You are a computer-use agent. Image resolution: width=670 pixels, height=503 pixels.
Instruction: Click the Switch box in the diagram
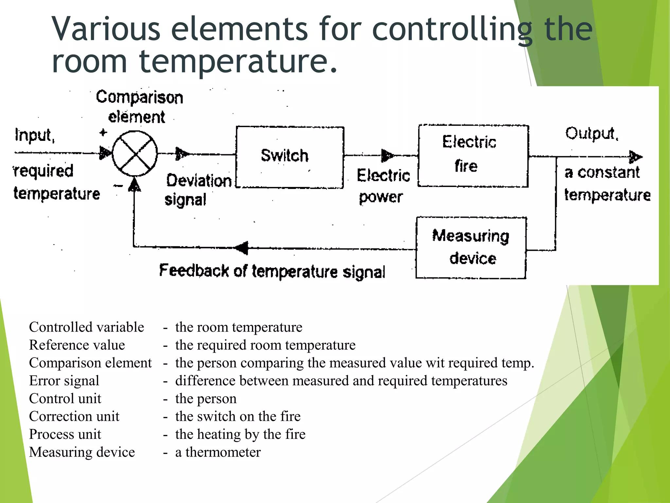[x=290, y=157]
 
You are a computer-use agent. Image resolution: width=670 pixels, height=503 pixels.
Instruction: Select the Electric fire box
[x=473, y=156]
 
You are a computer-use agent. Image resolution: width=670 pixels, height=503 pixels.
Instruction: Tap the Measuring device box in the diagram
[x=471, y=248]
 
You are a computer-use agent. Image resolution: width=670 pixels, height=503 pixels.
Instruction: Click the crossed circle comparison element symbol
[x=135, y=153]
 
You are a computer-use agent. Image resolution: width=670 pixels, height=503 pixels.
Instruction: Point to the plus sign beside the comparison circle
[x=103, y=133]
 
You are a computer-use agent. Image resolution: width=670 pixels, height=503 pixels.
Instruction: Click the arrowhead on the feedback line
[x=242, y=248]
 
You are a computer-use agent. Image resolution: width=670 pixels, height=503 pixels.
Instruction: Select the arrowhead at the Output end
[x=635, y=157]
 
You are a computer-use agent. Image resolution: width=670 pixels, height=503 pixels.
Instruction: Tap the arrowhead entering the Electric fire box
[x=387, y=156]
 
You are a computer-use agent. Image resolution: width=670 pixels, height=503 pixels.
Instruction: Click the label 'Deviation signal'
[x=198, y=190]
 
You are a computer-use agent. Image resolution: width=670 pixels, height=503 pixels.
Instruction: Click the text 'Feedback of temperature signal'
[x=272, y=271]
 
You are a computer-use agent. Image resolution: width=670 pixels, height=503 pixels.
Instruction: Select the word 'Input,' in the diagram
[x=35, y=135]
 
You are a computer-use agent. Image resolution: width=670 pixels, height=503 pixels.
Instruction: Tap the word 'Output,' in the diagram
[x=592, y=133]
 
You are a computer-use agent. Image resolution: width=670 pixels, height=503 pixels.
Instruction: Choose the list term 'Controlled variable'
[x=86, y=327]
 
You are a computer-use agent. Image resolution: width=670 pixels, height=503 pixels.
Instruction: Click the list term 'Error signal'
[x=64, y=381]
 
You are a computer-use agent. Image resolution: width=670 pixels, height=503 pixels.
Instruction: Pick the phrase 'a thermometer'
[x=218, y=452]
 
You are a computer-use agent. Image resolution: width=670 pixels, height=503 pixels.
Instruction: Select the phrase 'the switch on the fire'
[x=238, y=417]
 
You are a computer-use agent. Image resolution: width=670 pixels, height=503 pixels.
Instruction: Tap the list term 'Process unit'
[x=65, y=434]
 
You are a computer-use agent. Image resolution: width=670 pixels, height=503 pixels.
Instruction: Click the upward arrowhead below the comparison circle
[x=134, y=185]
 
